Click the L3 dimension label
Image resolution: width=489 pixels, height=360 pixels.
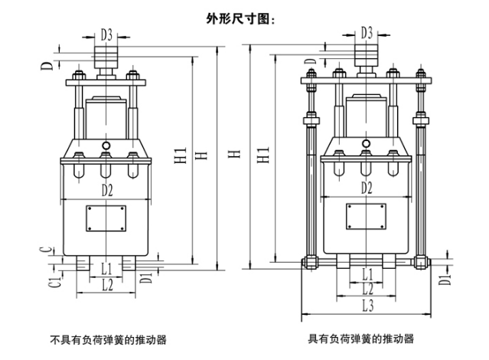point(367,306)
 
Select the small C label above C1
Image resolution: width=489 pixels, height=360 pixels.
point(48,250)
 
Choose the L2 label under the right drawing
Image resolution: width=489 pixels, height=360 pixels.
point(367,289)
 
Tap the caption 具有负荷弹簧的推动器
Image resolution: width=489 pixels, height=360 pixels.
point(360,339)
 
